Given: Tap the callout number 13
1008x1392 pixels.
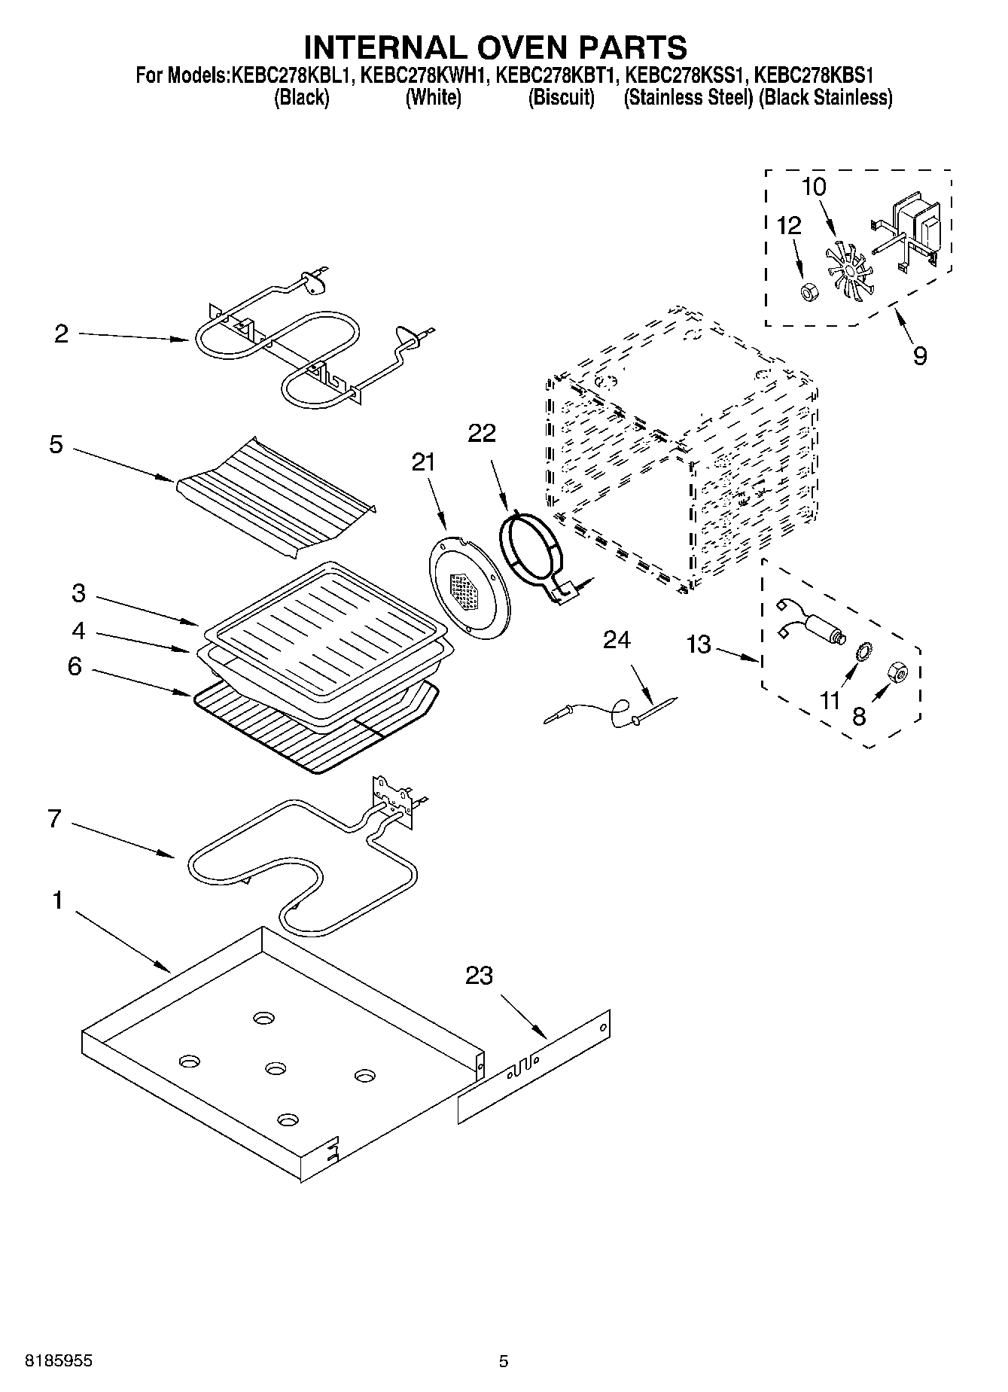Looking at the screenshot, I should (699, 644).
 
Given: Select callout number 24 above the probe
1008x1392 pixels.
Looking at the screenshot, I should (617, 640).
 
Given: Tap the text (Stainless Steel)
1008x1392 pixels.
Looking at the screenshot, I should (688, 98).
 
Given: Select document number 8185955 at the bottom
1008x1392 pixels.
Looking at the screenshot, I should (59, 1360).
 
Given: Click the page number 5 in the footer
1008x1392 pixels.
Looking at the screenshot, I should (504, 1360).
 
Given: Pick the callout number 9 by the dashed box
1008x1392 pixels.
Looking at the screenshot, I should (919, 355).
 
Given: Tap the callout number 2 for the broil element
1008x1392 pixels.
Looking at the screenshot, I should (62, 334).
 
